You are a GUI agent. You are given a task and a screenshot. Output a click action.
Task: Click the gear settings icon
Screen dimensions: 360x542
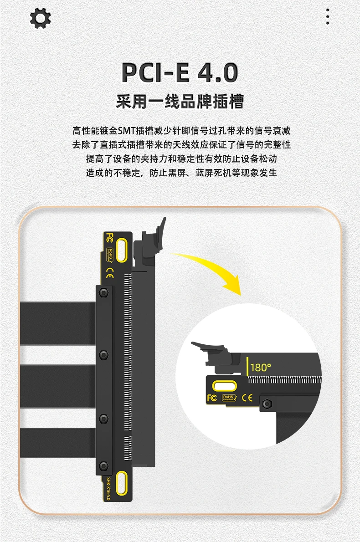pos(41,18)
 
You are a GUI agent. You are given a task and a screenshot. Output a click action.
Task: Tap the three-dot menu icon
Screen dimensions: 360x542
pos(328,17)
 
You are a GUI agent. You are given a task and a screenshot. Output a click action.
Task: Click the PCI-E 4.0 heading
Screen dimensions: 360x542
pos(180,72)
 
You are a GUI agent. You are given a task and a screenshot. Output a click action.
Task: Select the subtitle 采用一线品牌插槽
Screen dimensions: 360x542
pos(180,102)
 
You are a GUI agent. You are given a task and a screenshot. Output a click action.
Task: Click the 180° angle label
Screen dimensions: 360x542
pos(261,367)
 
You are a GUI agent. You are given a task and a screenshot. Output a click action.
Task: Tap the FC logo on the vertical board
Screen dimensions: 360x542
pos(109,238)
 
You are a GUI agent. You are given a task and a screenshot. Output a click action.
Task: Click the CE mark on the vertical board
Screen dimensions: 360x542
pos(110,273)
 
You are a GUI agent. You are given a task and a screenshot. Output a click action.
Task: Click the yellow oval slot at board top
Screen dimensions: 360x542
pos(122,250)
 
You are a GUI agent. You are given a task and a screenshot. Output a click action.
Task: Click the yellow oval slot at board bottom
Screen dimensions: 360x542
pos(122,482)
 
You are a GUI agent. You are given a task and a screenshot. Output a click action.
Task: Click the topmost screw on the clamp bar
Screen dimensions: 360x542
pos(103,293)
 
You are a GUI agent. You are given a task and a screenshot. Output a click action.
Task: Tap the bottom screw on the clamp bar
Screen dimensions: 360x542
pos(103,465)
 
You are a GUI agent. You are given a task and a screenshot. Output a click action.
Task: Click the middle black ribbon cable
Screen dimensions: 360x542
pos(58,386)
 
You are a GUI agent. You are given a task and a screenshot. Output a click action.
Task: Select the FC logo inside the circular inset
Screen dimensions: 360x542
pos(212,398)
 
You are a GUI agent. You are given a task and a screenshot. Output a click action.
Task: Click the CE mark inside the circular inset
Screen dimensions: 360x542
pos(247,398)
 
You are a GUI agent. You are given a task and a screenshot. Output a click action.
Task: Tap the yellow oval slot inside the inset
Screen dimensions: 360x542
pos(225,386)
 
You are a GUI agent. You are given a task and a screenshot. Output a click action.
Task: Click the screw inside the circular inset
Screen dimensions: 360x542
pos(267,404)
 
